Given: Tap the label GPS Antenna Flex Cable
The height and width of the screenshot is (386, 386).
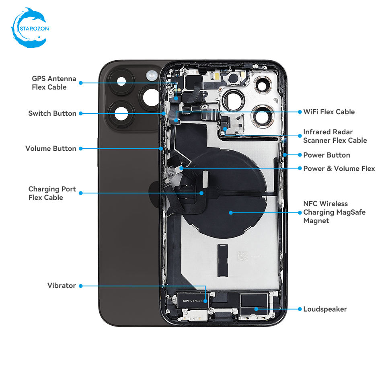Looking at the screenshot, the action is tap(54, 83).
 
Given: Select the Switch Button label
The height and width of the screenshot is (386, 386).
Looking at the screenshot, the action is tap(52, 113).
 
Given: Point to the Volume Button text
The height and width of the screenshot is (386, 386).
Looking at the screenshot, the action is tap(51, 148).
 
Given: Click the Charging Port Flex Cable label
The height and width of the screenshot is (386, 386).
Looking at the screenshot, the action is tap(52, 193).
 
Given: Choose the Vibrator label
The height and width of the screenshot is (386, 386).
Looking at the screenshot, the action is tap(62, 285).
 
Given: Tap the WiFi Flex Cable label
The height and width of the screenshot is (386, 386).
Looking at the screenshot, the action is tap(329, 112).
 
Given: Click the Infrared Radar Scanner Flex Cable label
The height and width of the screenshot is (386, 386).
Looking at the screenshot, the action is tap(335, 136).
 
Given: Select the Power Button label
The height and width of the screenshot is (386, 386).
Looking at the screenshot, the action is tap(326, 155).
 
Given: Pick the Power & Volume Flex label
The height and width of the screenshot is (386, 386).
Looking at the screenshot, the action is tap(339, 168).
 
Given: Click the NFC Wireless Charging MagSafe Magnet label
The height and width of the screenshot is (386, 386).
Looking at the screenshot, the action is tap(334, 212).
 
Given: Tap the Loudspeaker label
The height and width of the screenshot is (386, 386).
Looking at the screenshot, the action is tap(325, 309).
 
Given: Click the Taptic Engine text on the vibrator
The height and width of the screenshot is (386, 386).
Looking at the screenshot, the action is tap(193, 301).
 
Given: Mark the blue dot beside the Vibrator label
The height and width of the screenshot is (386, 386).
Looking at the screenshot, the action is tap(80, 286).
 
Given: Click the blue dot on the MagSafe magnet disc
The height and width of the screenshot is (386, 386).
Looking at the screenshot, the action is tap(231, 213).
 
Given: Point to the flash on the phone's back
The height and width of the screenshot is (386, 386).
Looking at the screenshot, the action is tap(152, 75).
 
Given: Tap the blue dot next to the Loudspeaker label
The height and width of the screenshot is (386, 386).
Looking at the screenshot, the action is tap(300, 309).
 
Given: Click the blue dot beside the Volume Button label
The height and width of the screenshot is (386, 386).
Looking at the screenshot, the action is tap(80, 148).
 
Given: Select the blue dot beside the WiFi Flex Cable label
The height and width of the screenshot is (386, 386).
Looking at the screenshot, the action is tap(300, 112).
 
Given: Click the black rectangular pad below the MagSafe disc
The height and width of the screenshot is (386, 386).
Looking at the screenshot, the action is tap(222, 260).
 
